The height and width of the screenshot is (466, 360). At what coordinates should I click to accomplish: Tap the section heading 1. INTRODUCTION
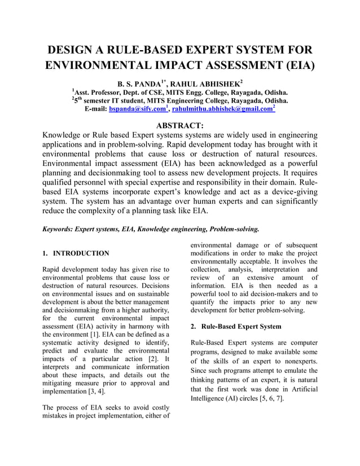(76, 253)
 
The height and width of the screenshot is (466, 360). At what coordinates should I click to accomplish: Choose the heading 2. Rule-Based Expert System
(235, 327)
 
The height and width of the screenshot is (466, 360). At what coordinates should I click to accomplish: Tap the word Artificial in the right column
(301, 389)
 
